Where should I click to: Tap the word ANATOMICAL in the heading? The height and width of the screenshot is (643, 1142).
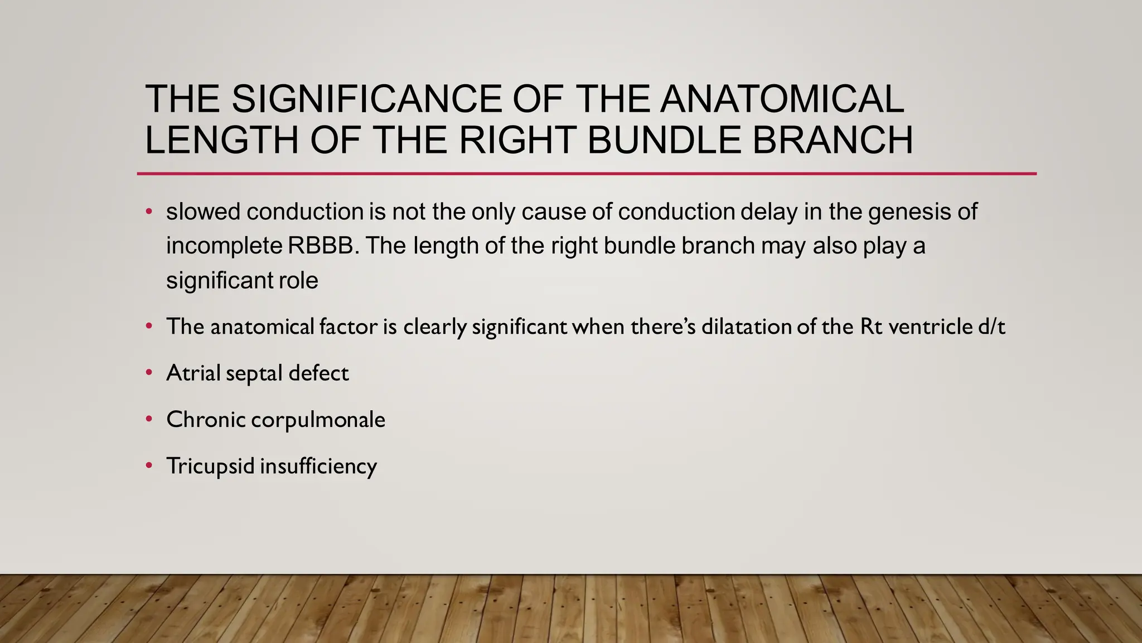[781, 99]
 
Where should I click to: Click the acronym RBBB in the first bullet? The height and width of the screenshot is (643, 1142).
[323, 246]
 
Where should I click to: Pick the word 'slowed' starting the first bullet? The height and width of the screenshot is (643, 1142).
[202, 212]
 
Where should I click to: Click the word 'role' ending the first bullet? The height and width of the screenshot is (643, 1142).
[301, 280]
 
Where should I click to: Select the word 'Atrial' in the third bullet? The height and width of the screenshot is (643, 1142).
[193, 373]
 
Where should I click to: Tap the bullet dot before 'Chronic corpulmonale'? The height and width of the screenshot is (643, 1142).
[149, 419]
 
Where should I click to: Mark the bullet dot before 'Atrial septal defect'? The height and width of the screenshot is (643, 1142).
[149, 372]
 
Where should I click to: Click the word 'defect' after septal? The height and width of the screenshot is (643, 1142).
[318, 373]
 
